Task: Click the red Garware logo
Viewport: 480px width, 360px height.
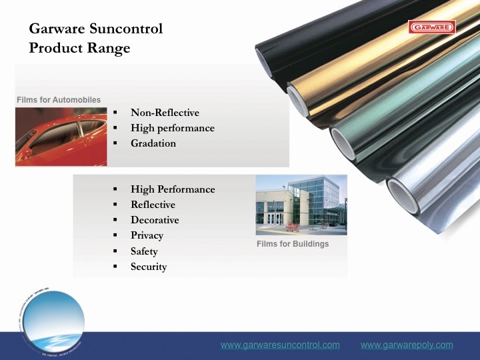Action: click(x=431, y=27)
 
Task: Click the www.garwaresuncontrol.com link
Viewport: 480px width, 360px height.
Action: click(x=280, y=345)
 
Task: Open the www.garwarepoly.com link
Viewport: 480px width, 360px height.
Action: click(x=407, y=345)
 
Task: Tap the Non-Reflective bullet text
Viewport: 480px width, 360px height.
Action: click(x=165, y=113)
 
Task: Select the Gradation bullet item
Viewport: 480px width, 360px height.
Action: click(x=153, y=143)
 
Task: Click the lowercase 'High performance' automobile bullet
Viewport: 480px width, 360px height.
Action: click(x=172, y=128)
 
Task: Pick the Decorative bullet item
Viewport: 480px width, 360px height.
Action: click(x=155, y=220)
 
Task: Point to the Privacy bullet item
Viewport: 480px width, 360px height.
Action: click(x=147, y=235)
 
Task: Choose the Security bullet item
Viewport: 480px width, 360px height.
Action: click(x=149, y=267)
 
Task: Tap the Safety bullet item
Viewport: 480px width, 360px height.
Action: click(x=144, y=251)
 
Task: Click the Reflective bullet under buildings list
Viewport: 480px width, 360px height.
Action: click(x=153, y=205)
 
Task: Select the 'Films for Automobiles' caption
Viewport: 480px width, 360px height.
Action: click(x=59, y=100)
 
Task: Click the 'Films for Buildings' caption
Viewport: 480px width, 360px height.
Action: click(x=293, y=244)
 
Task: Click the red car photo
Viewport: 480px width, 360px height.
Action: click(x=61, y=137)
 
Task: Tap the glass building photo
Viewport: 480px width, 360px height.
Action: click(x=301, y=205)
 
